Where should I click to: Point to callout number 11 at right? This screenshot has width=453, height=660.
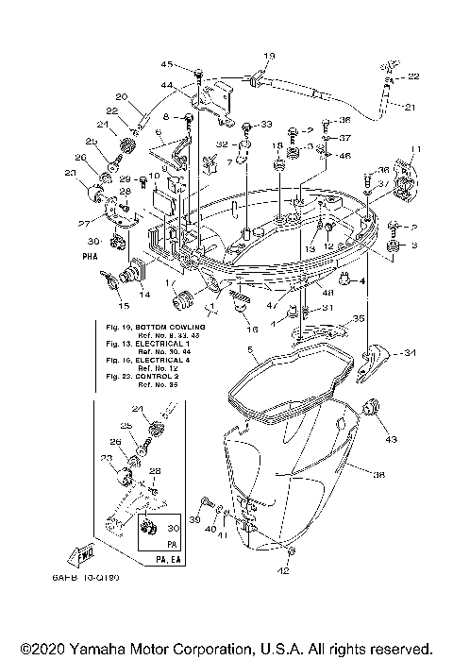point(411,149)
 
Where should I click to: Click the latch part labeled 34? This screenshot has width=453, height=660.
point(376,364)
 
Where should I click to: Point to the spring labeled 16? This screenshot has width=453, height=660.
point(241,303)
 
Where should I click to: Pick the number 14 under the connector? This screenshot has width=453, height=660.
point(144,295)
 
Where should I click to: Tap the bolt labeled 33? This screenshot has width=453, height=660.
point(246,126)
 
